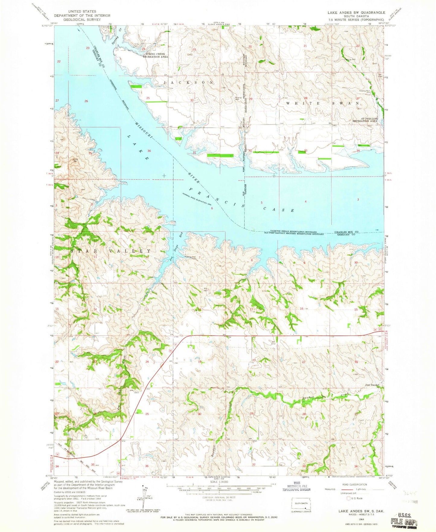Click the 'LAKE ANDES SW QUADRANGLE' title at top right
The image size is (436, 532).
(357, 12)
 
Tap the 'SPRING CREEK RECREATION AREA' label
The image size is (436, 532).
(155, 56)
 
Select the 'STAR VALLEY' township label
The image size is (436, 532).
(111, 251)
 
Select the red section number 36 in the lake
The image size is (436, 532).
(149, 151)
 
